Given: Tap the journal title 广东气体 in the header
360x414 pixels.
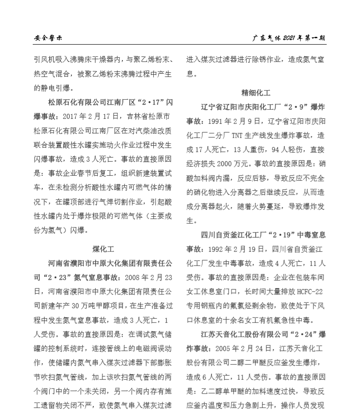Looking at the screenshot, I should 267,38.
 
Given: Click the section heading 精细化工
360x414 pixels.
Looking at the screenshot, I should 256,93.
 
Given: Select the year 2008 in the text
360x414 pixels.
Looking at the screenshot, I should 132,278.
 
